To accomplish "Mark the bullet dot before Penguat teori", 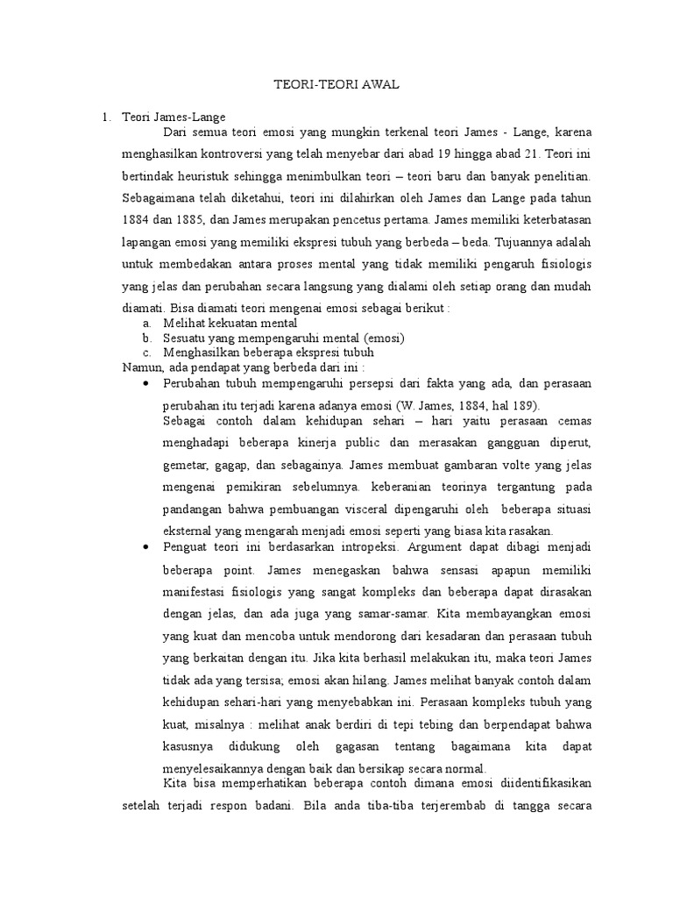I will coord(145,546).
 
